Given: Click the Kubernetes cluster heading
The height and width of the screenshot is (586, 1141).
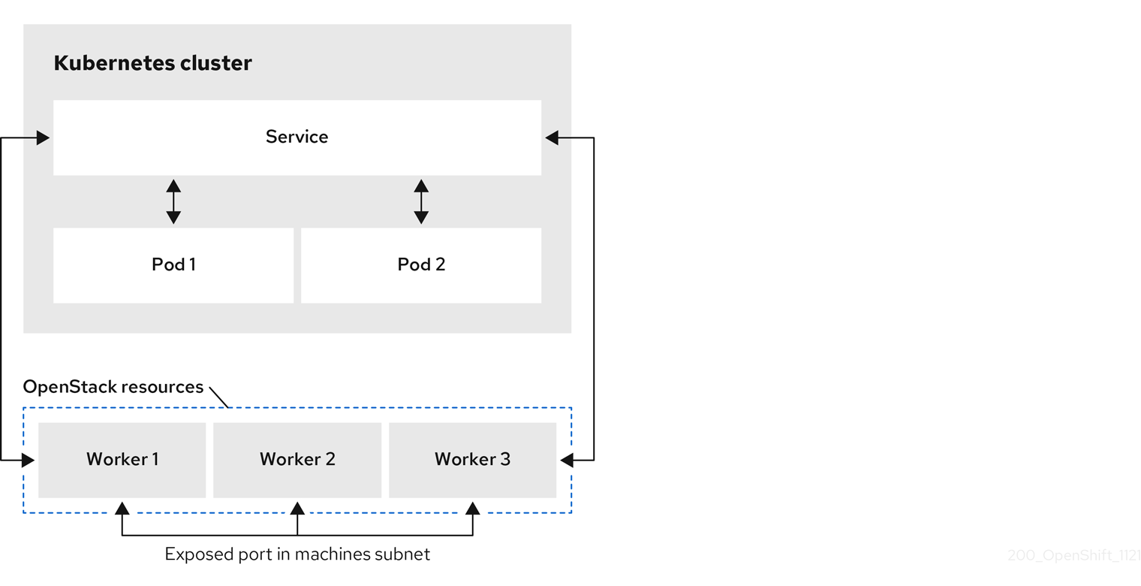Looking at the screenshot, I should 152,63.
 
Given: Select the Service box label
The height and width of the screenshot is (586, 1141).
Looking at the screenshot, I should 297,137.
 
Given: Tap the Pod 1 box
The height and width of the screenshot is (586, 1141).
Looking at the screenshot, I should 173,265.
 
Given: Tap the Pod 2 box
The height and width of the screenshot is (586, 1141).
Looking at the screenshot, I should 421,265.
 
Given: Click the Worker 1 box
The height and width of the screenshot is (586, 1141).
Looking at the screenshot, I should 122,459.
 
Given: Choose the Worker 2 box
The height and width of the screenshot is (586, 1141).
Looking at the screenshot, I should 297,459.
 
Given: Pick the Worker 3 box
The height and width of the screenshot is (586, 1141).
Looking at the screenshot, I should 472,459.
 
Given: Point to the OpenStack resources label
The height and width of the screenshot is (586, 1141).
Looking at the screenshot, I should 113,387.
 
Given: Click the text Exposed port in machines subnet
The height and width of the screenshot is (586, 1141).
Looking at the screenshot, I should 297,554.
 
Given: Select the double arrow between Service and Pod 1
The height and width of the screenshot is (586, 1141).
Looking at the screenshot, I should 173,201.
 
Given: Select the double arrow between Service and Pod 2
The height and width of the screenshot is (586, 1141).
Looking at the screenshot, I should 421,201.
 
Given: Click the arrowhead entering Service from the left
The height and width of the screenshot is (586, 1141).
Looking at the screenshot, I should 43,137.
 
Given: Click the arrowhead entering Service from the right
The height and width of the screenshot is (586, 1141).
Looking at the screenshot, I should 552,137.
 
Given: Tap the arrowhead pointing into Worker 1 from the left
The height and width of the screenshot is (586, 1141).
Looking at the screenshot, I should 29,460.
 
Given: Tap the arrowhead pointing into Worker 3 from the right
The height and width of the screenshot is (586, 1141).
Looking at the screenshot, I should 567,460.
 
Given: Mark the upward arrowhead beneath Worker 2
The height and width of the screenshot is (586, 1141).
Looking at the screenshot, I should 297,509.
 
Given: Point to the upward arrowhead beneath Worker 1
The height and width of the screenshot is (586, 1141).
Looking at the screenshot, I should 122,509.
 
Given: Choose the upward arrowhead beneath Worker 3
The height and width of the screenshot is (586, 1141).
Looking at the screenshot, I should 472,509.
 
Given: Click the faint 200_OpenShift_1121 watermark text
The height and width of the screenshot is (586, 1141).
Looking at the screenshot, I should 1073,556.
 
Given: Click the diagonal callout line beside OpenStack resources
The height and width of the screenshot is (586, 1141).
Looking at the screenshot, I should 218,397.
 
